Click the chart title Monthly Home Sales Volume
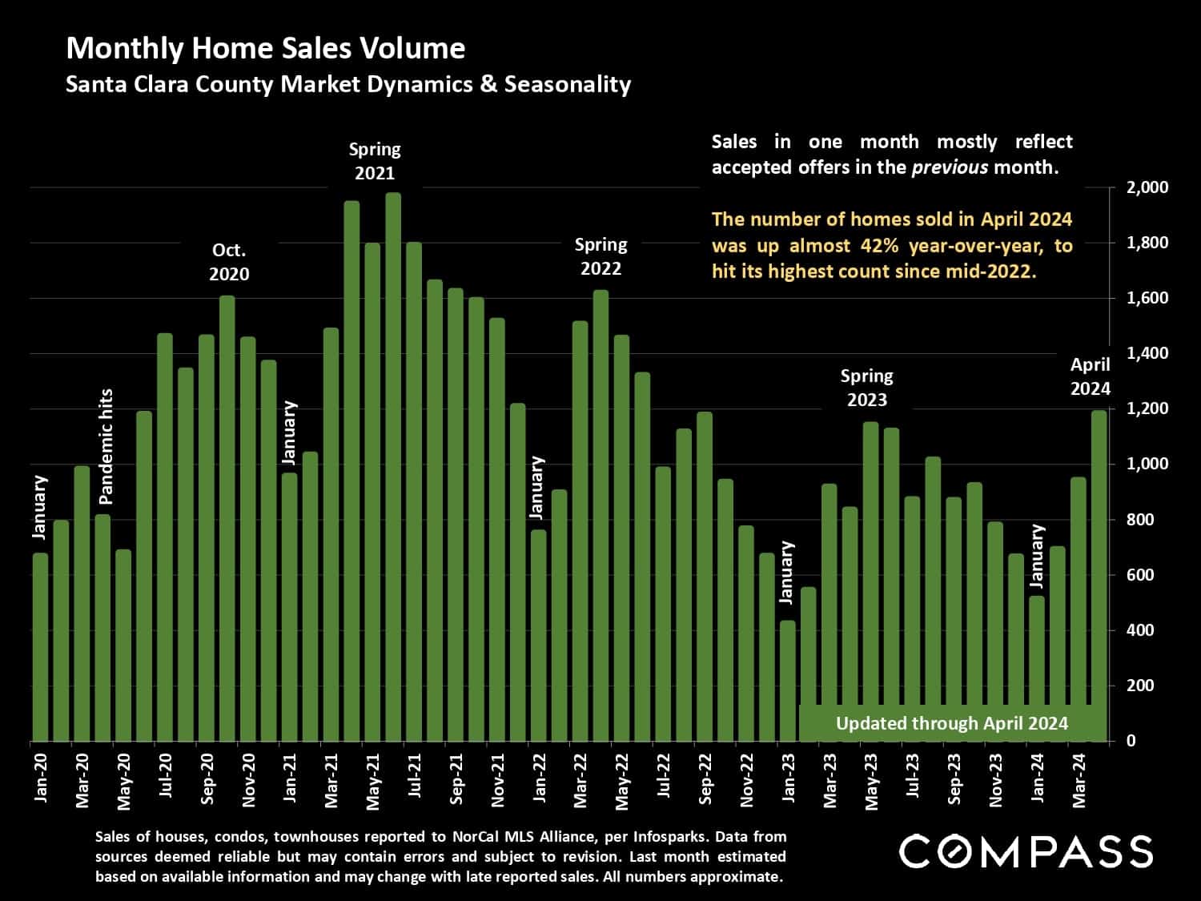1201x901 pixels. click(265, 48)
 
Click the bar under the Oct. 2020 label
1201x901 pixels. click(227, 517)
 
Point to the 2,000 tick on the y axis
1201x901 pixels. click(1147, 188)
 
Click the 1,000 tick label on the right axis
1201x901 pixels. click(1147, 465)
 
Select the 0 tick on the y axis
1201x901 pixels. click(1131, 741)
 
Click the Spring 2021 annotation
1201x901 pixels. click(375, 161)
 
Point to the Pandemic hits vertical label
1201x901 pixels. click(106, 447)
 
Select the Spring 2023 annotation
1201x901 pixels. click(866, 388)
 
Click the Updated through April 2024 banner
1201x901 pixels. click(951, 723)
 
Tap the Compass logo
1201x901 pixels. click(1026, 851)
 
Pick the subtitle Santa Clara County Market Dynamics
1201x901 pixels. click(348, 84)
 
